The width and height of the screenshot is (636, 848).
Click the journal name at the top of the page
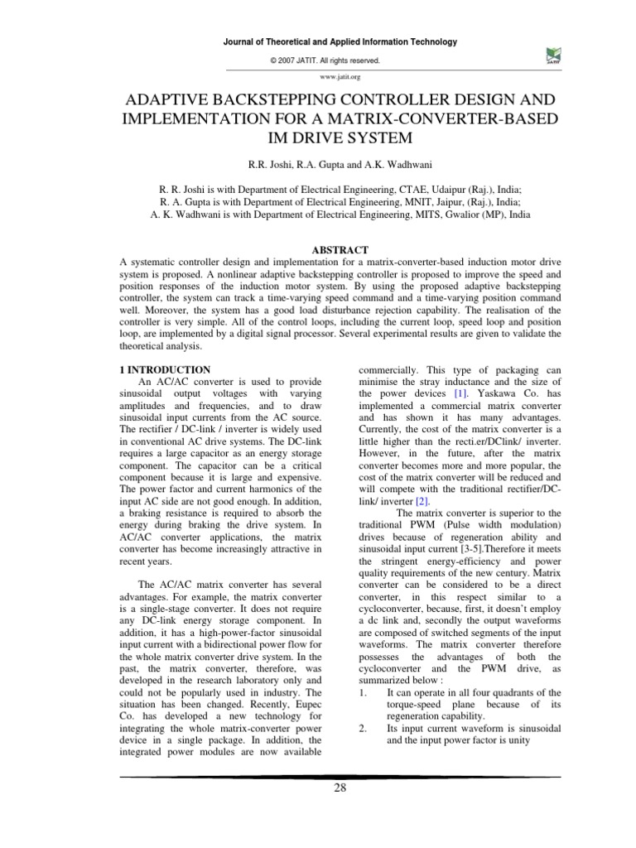coord(340,42)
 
